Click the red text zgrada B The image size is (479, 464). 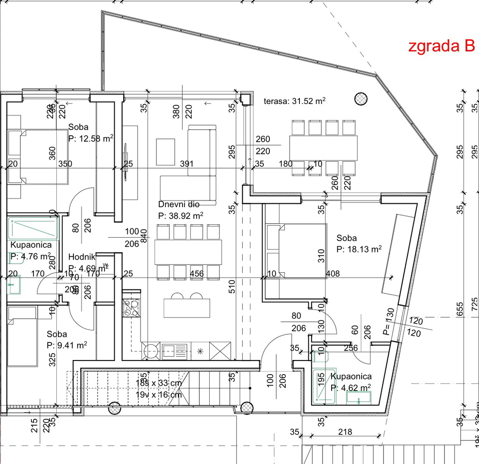pos(441,46)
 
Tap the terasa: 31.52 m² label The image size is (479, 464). pos(294,101)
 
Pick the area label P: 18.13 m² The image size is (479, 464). pos(359,249)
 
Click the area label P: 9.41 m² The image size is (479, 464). pos(67,345)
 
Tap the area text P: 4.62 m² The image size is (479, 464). pos(351,388)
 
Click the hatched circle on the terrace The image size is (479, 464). pos(361,98)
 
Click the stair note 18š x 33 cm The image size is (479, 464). pos(159,383)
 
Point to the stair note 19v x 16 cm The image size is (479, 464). pos(159,394)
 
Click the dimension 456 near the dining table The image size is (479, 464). pos(198,273)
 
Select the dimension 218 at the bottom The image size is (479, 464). pos(345,432)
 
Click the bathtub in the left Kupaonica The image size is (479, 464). pos(33,228)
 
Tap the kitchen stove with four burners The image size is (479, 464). pos(130,308)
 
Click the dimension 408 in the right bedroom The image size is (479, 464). pos(333,273)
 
